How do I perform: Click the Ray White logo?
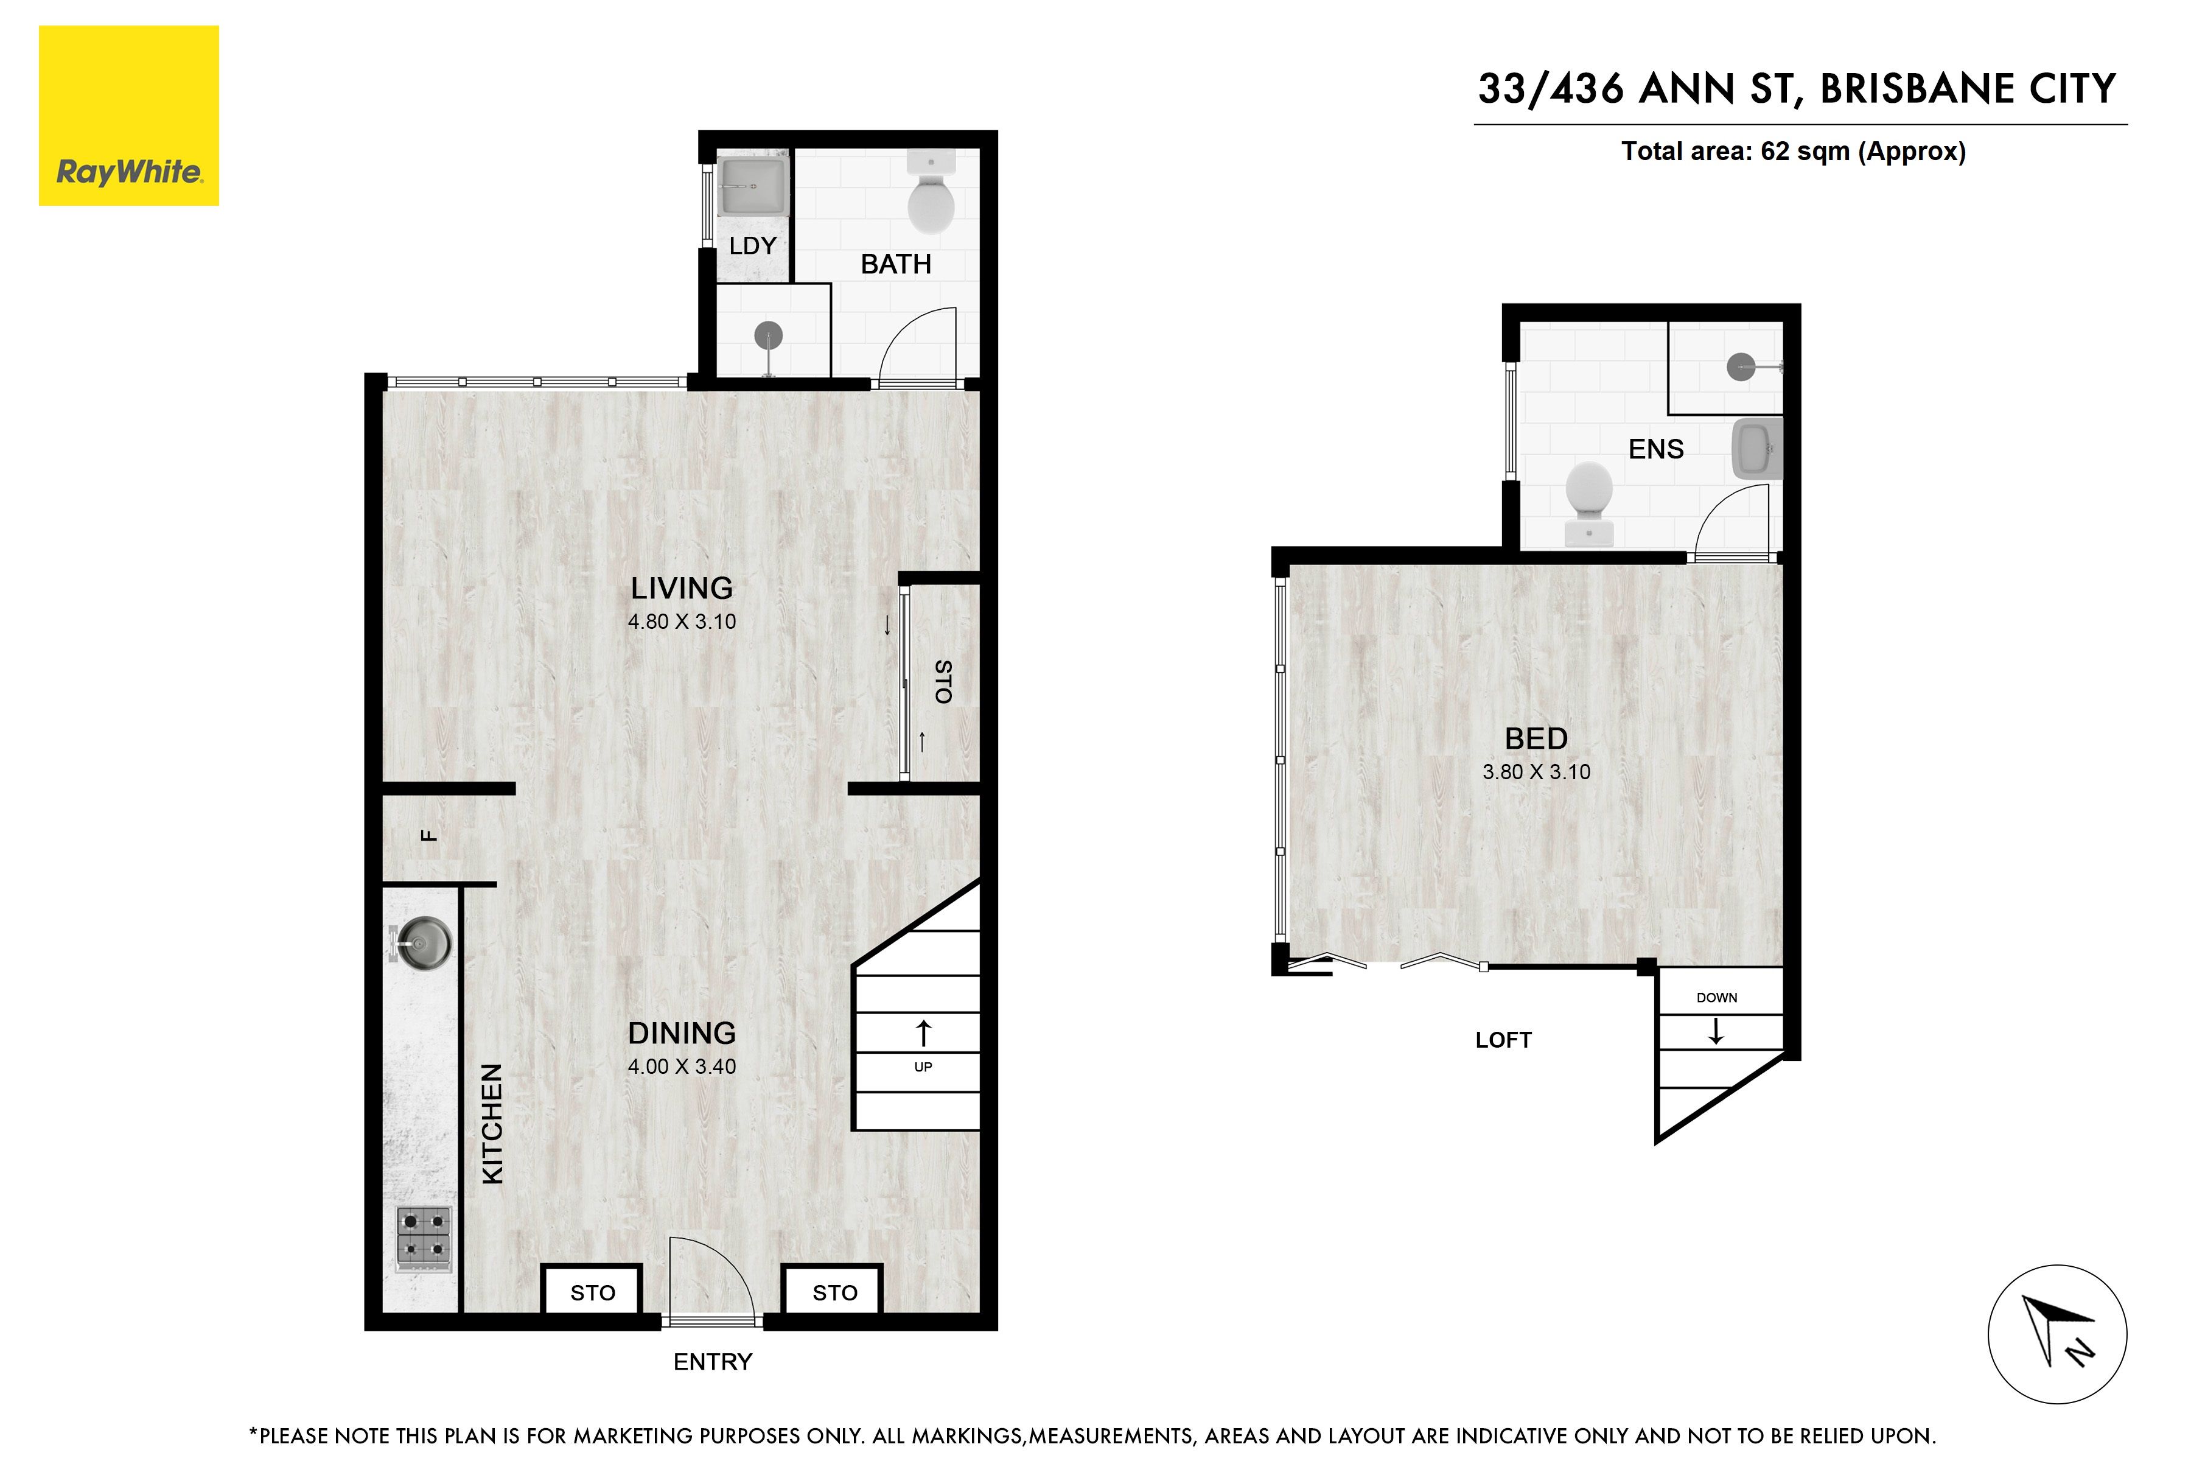(128, 116)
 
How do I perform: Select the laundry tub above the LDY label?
(753, 186)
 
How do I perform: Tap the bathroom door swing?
(918, 345)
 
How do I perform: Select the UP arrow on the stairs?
(923, 1032)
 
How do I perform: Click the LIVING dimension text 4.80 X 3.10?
(682, 622)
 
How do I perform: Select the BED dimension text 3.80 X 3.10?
(1536, 771)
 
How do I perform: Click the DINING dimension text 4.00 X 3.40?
(682, 1066)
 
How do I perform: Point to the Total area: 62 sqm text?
(1793, 151)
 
